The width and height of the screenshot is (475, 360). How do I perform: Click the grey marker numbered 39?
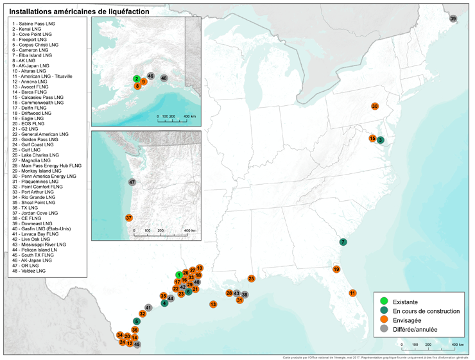(453, 19)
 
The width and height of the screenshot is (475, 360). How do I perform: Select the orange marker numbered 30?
(375, 106)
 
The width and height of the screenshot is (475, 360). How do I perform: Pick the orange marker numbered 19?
(336, 270)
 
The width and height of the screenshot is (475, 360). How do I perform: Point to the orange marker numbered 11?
(352, 293)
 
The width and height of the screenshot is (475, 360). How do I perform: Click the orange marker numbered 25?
(252, 279)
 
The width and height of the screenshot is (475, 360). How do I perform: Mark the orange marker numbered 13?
(212, 304)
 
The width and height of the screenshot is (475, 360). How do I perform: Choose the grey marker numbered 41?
(148, 308)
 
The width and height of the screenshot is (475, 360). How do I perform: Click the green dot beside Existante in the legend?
(384, 301)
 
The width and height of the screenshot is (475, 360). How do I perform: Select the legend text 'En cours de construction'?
(426, 311)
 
